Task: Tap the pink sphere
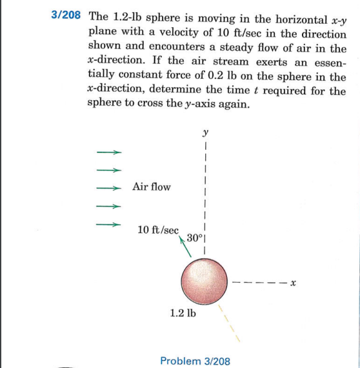pyautogui.click(x=204, y=280)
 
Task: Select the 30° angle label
pyautogui.click(x=194, y=238)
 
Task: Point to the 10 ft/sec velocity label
pyautogui.click(x=159, y=230)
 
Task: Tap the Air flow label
pyautogui.click(x=151, y=187)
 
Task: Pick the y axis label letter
pyautogui.click(x=205, y=134)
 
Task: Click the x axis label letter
pyautogui.click(x=292, y=282)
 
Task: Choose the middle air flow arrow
pyautogui.click(x=108, y=189)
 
